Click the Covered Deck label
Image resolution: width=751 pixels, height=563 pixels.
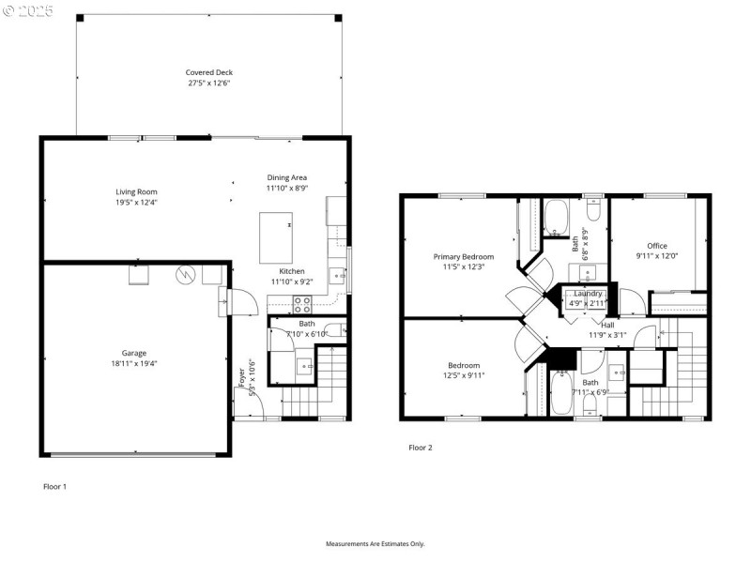tap(209, 72)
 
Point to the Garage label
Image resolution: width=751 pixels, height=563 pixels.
tap(133, 353)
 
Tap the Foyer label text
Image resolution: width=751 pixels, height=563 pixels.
tap(242, 373)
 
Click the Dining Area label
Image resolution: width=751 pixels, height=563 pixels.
tap(286, 177)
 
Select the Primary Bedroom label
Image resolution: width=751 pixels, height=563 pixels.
tap(463, 256)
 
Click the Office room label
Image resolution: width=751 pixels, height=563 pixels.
tap(656, 246)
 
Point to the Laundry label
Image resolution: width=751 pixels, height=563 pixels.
tap(588, 294)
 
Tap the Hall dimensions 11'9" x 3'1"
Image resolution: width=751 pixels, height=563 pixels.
tap(606, 335)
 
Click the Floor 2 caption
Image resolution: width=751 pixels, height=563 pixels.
tap(420, 448)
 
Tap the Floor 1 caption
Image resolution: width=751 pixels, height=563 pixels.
tap(55, 486)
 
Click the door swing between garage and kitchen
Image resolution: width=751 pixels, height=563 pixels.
tap(238, 302)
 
